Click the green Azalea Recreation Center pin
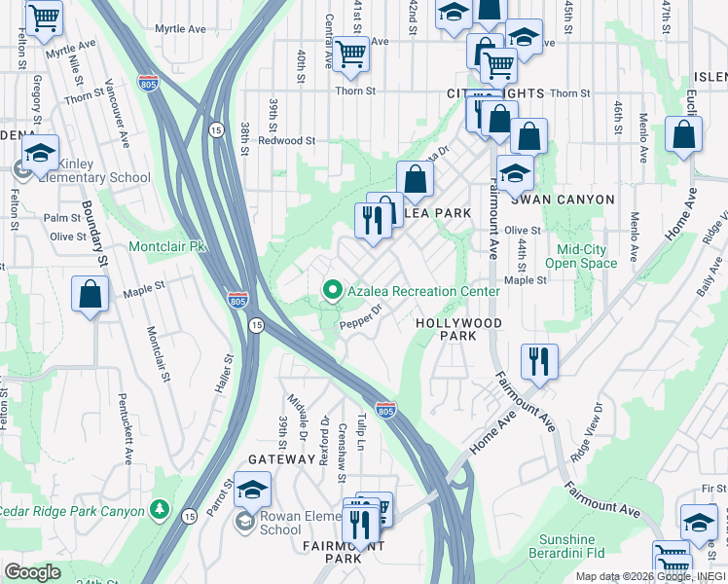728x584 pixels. pyautogui.click(x=332, y=291)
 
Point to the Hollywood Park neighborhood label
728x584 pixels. pyautogui.click(x=458, y=329)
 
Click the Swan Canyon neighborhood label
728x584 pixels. pyautogui.click(x=569, y=200)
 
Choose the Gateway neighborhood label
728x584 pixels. pyautogui.click(x=281, y=458)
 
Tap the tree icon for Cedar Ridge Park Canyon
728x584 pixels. pyautogui.click(x=159, y=510)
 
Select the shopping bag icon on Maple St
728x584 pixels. pyautogui.click(x=90, y=295)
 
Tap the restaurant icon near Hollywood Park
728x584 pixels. pyautogui.click(x=538, y=361)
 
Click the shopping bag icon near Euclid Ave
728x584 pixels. pyautogui.click(x=684, y=135)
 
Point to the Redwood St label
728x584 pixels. pyautogui.click(x=286, y=141)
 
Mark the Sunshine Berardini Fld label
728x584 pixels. pyautogui.click(x=567, y=547)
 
